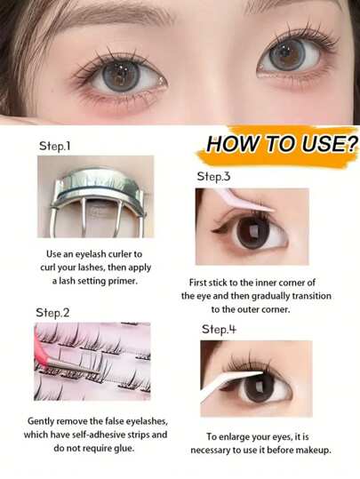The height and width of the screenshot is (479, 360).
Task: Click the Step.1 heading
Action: point(55,146)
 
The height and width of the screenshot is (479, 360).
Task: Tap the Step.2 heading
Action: point(52,313)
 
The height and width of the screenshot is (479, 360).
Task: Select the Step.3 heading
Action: point(213,177)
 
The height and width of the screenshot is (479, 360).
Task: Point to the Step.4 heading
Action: point(219,330)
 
